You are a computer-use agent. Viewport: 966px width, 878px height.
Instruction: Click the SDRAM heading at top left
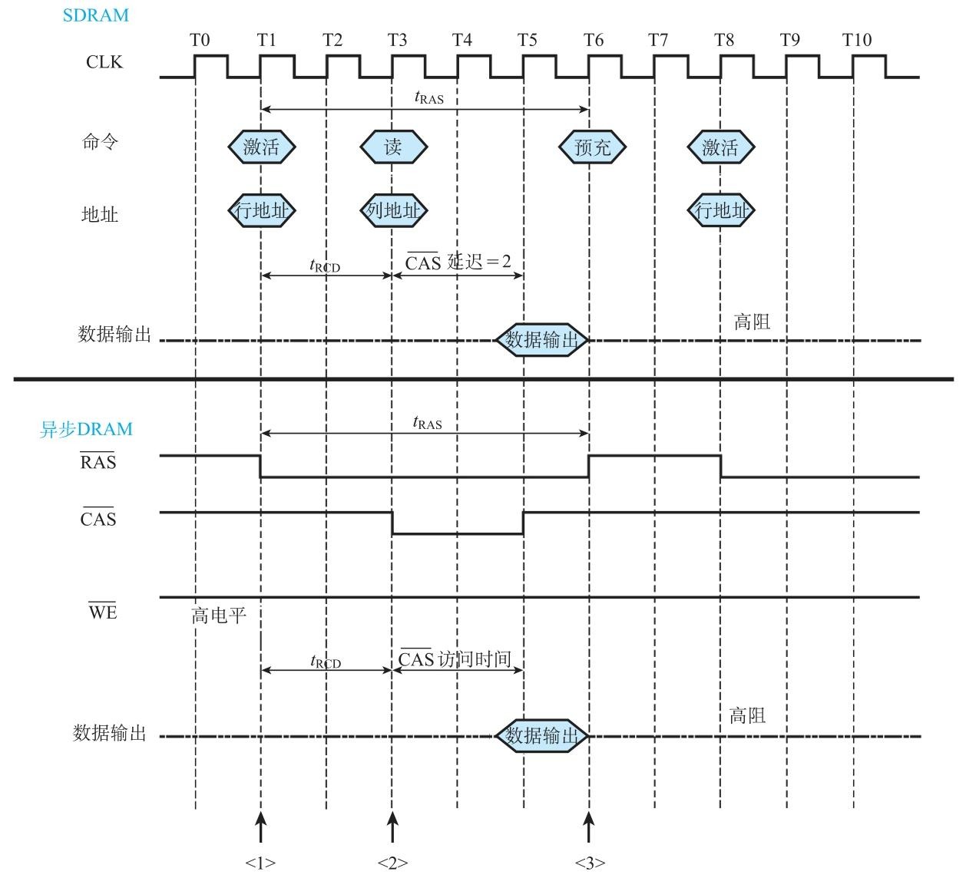coord(95,15)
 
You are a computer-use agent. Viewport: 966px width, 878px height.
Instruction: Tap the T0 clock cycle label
coord(200,40)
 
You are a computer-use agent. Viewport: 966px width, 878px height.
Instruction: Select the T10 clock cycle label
coord(857,40)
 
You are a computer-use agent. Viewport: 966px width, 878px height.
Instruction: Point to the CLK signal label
coord(104,63)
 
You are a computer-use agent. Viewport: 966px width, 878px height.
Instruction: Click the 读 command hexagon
coord(393,147)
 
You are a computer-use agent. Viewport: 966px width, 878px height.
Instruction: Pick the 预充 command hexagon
coord(592,147)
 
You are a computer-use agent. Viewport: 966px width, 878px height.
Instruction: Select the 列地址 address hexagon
coord(393,210)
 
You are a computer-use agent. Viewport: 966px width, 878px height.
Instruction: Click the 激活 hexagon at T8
coord(720,147)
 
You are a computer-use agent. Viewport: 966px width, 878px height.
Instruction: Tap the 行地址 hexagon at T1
coord(262,210)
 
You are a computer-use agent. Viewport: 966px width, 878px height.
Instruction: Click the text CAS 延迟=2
coord(458,262)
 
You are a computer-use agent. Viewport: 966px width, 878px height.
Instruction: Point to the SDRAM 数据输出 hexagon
coord(542,339)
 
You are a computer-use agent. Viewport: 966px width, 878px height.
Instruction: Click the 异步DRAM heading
coord(86,429)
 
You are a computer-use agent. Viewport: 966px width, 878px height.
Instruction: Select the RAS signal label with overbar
coord(98,462)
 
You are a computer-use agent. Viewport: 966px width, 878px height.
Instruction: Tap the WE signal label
coord(103,612)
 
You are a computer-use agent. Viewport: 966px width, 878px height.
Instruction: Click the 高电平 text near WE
coord(219,616)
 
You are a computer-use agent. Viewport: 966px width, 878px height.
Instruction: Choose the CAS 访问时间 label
coord(455,658)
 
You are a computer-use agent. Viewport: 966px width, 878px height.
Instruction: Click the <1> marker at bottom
coord(260,863)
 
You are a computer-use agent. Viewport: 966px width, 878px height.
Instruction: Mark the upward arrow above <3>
coord(589,829)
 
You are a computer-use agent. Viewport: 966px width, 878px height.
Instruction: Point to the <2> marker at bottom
coord(392,863)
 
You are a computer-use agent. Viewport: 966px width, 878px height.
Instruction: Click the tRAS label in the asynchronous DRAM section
coord(428,423)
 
